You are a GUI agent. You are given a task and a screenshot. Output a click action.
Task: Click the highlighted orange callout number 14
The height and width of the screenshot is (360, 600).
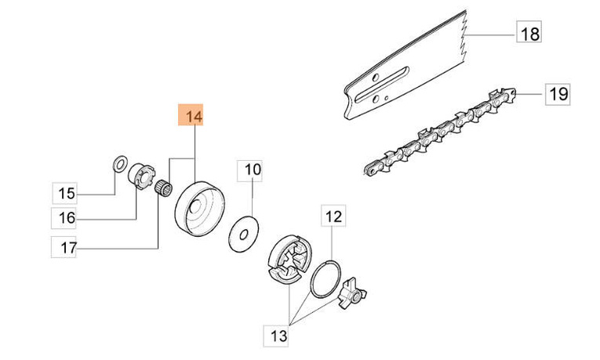(x=193, y=117)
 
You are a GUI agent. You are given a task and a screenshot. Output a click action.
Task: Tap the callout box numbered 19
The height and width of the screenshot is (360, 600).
(x=558, y=95)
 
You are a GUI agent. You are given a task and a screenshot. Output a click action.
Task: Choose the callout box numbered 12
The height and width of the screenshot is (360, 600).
(x=333, y=215)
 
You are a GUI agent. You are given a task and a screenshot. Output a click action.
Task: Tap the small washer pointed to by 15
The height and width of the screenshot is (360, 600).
(x=118, y=164)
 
